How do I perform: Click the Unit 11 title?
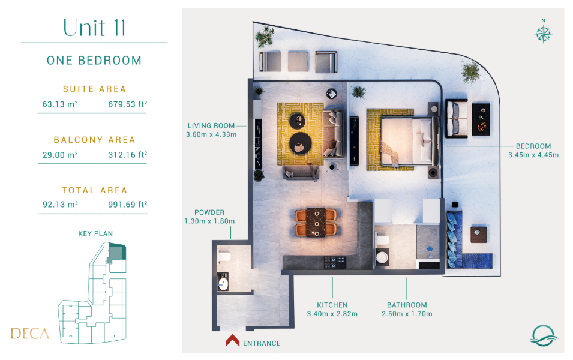click(x=94, y=28)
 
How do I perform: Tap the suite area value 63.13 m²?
click(x=60, y=104)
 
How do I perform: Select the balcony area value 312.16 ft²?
click(x=128, y=155)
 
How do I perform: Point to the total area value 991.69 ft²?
click(x=128, y=205)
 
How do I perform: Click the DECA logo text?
click(x=30, y=334)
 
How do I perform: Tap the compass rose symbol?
click(x=543, y=34)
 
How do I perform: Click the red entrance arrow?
click(x=232, y=340)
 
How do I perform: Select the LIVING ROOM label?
click(x=211, y=126)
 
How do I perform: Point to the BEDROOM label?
click(x=533, y=146)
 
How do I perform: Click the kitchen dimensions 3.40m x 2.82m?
click(x=332, y=314)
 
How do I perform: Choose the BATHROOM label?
click(x=407, y=305)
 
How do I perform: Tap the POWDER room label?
click(x=209, y=212)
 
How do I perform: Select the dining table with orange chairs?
click(x=316, y=222)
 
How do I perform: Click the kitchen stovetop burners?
click(x=335, y=262)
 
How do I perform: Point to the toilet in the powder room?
click(x=224, y=257)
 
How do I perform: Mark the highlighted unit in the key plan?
click(x=116, y=252)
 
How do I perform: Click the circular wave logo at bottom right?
click(x=544, y=335)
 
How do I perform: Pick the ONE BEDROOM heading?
click(x=94, y=61)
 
